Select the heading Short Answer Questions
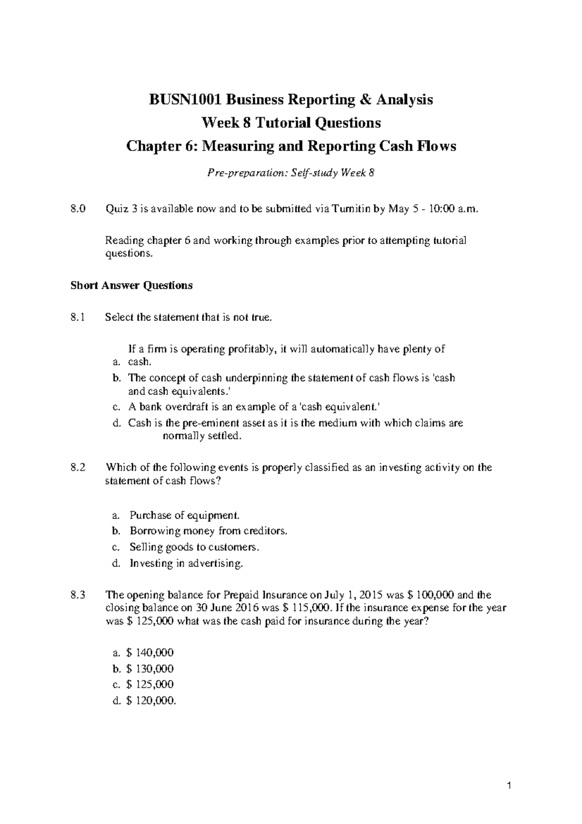point(131,285)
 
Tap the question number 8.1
point(77,318)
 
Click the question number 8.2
point(77,467)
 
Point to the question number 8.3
point(77,595)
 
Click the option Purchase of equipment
point(184,515)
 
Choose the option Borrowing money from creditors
point(209,531)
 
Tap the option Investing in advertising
point(186,563)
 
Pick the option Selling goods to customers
point(194,547)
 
